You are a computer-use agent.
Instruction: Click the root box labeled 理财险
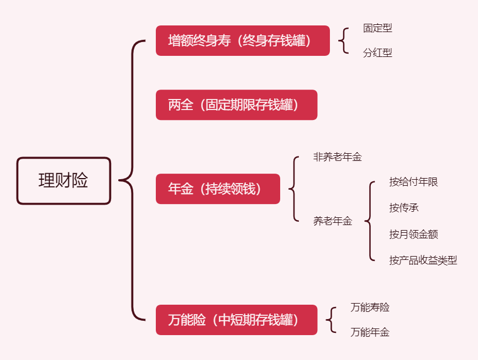[x=64, y=181]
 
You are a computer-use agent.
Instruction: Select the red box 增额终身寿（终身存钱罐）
[x=243, y=40]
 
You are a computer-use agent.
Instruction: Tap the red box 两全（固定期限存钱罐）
[x=237, y=105]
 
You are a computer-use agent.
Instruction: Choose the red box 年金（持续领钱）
[x=218, y=189]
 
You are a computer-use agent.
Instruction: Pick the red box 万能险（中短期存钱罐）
[x=237, y=320]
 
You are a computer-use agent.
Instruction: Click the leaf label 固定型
[x=377, y=28]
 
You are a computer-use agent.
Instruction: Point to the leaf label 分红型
[x=377, y=53]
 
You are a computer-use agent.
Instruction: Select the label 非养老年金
[x=337, y=157]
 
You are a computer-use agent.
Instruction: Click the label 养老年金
[x=332, y=221]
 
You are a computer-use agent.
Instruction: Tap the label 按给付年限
[x=413, y=182]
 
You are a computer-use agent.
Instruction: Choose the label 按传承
[x=403, y=208]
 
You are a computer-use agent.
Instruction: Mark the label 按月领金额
[x=413, y=234]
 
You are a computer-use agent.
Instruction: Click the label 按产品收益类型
[x=423, y=260]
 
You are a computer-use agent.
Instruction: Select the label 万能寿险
[x=370, y=307]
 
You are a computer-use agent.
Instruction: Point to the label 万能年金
[x=370, y=332]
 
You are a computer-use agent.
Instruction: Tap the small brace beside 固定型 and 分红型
[x=344, y=40]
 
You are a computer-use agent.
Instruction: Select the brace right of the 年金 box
[x=293, y=189]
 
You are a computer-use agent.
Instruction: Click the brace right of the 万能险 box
[x=332, y=320]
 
